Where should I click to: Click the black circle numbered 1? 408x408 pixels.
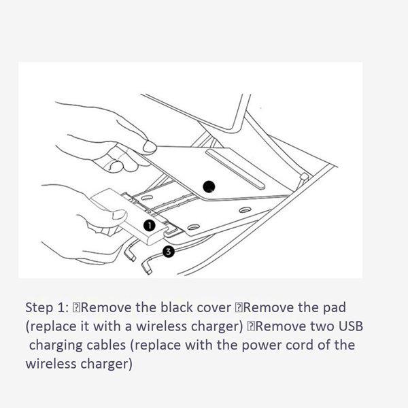pyautogui.click(x=150, y=225)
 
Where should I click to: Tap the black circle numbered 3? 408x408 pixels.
pyautogui.click(x=169, y=252)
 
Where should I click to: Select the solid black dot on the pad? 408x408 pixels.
pyautogui.click(x=209, y=186)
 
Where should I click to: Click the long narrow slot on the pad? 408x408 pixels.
pyautogui.click(x=235, y=169)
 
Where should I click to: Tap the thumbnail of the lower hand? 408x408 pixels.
pyautogui.click(x=120, y=215)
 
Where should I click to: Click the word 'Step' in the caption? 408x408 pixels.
pyautogui.click(x=39, y=308)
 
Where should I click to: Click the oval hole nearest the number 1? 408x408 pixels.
pyautogui.click(x=194, y=227)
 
